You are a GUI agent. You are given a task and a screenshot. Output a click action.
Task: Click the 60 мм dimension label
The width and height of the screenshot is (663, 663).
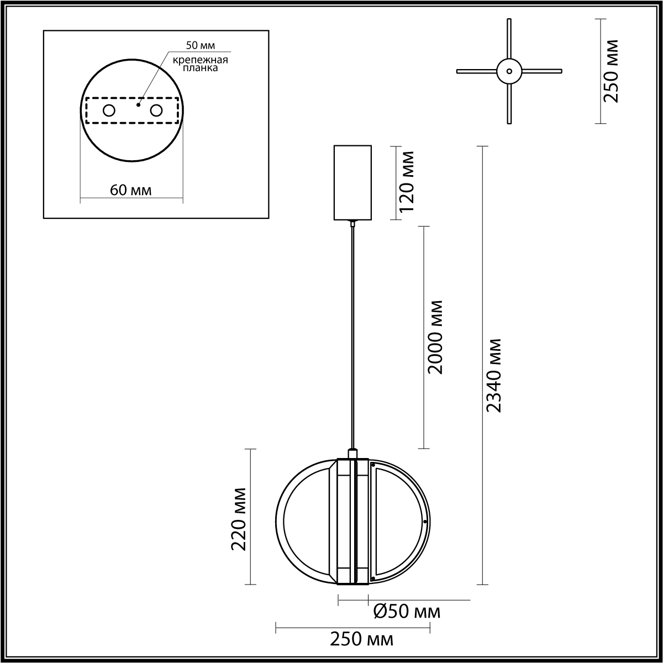point(131,190)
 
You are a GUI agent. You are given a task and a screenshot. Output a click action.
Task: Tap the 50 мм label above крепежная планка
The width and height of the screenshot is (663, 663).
point(201,45)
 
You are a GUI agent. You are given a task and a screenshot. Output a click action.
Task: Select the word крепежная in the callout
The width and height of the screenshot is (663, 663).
point(200,60)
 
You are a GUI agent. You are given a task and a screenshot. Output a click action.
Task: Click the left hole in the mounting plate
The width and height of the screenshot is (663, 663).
point(109,111)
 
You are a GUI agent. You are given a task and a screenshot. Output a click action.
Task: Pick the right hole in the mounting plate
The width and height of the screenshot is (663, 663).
point(156,111)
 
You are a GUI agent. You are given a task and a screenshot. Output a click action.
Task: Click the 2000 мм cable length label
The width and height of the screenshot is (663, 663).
point(434,337)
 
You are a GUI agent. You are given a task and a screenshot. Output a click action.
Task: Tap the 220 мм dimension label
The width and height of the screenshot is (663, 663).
point(239,519)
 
